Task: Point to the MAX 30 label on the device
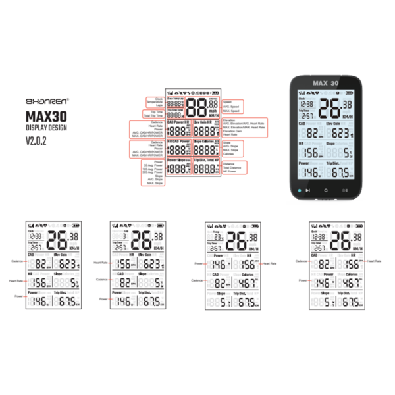[325, 84]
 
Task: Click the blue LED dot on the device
[300, 190]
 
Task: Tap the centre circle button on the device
[325, 190]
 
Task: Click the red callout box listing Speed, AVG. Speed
[233, 106]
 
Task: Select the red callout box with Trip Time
[155, 115]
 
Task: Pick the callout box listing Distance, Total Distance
[236, 168]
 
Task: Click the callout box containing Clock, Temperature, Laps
[155, 102]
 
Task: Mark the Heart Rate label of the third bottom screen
[272, 263]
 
